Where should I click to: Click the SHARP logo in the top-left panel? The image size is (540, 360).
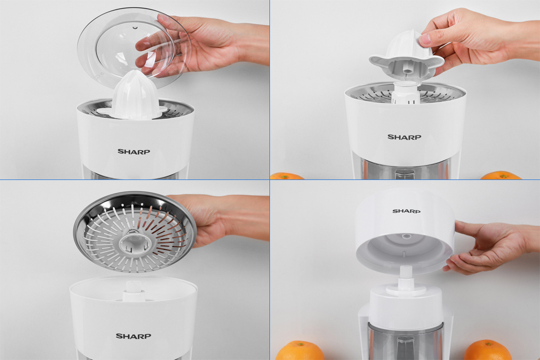click(133, 151)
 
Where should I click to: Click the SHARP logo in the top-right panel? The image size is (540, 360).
click(404, 137)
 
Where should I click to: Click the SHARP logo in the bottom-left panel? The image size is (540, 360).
click(133, 336)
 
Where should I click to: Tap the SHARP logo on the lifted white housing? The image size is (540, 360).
click(407, 211)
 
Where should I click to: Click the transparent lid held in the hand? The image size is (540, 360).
click(134, 47)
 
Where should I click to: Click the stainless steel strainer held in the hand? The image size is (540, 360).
click(135, 231)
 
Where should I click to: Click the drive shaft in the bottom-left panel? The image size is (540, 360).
click(133, 291)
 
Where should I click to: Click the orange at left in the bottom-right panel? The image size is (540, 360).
click(300, 350)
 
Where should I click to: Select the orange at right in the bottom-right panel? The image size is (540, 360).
click(488, 350)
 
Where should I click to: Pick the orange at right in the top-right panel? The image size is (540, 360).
click(501, 175)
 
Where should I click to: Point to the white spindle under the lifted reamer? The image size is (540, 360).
click(406, 92)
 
